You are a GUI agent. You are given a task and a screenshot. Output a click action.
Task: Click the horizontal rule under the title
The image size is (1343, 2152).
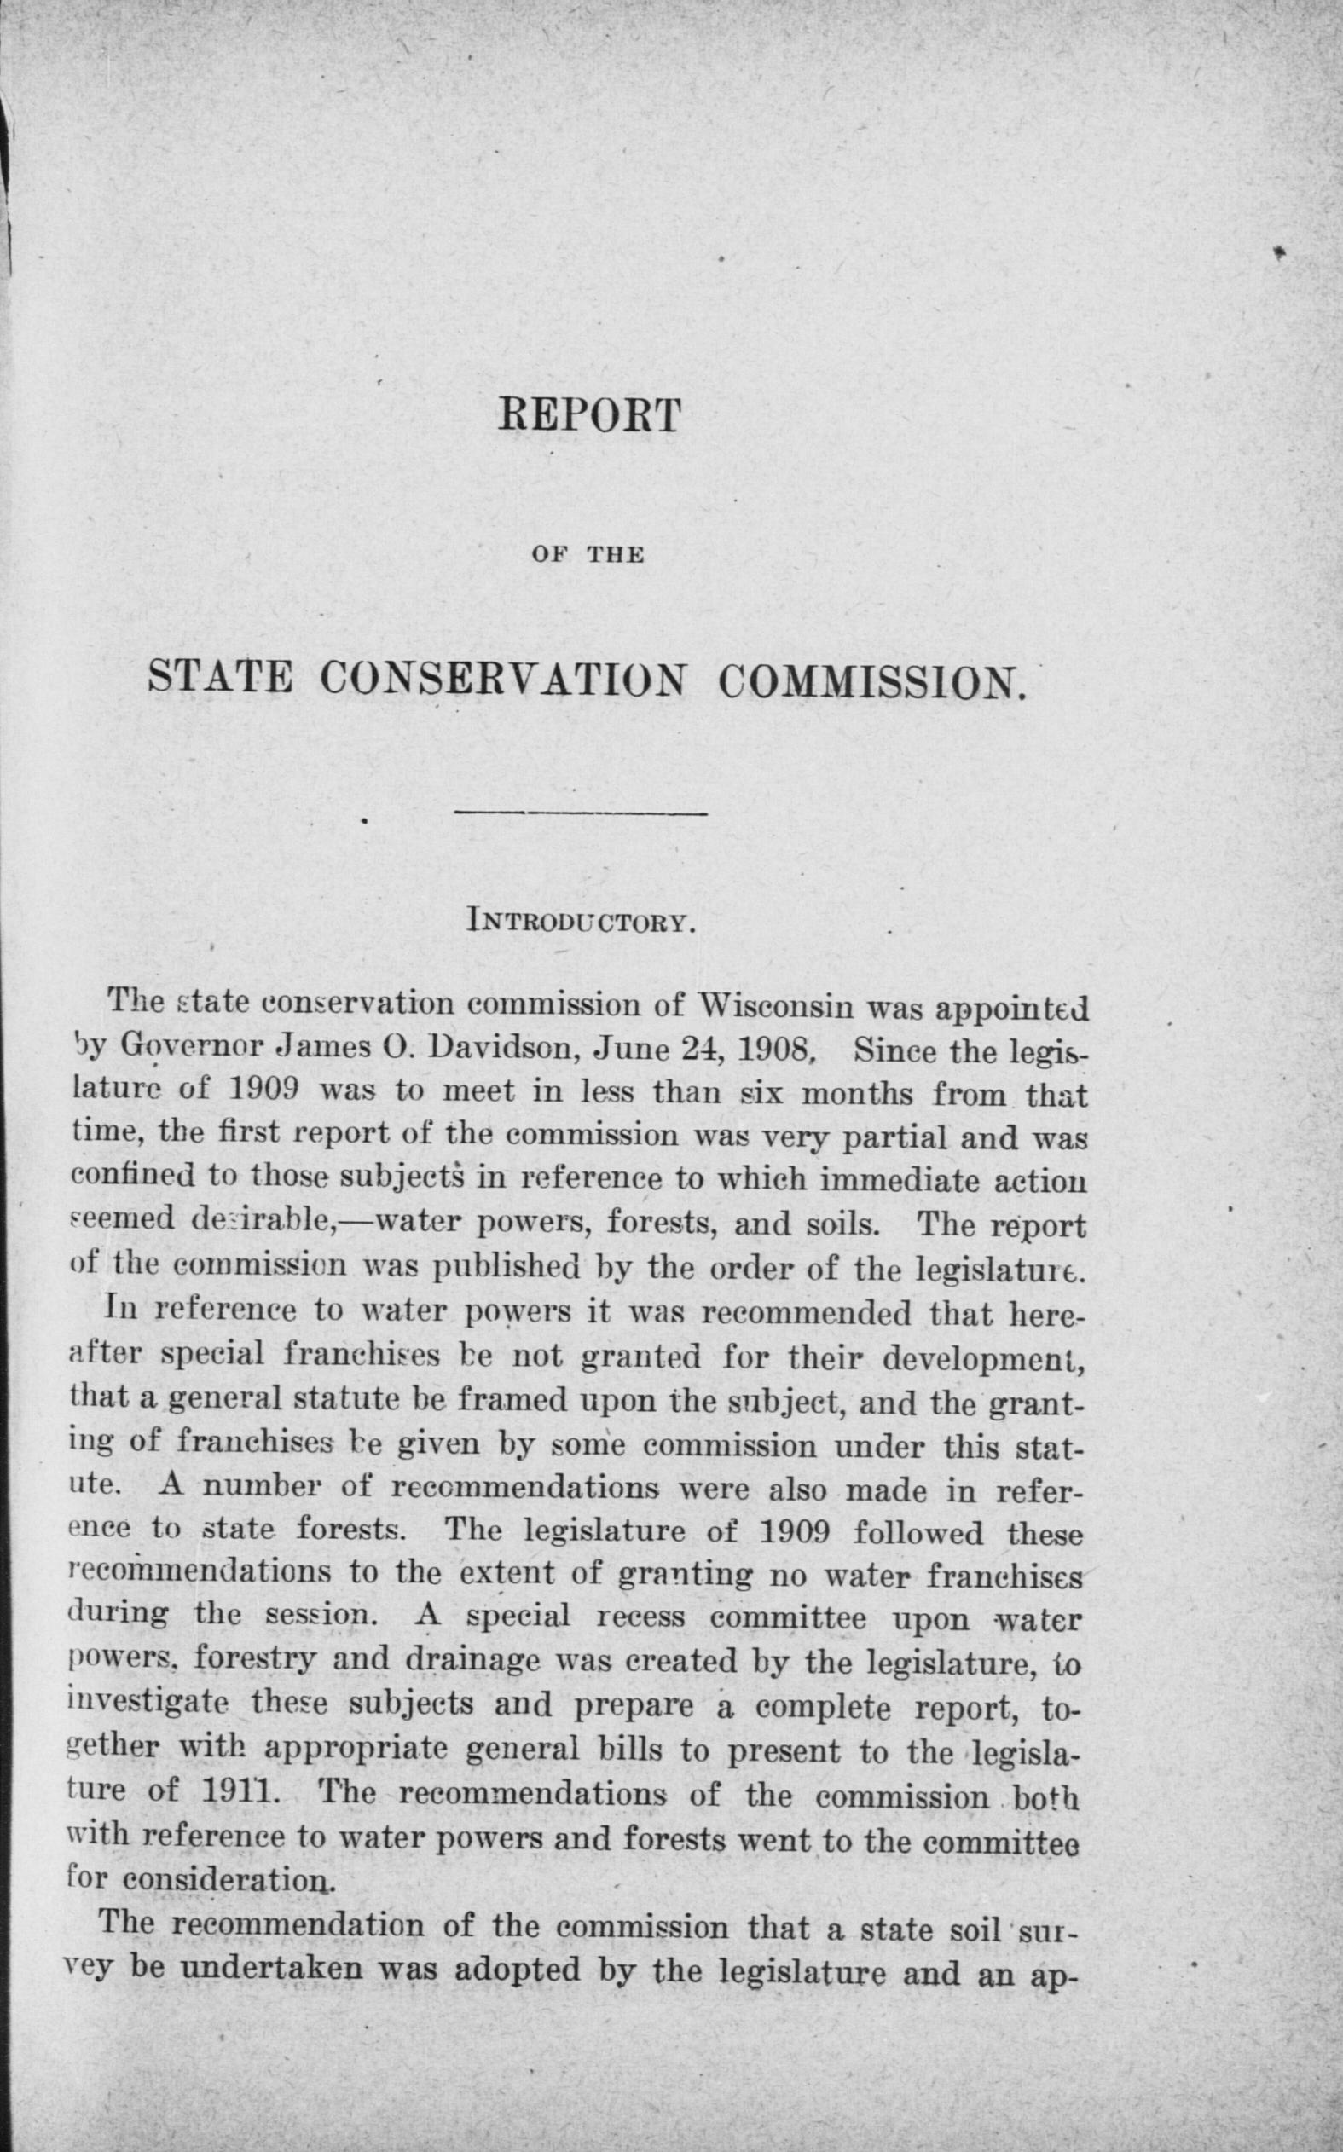click(x=580, y=813)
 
